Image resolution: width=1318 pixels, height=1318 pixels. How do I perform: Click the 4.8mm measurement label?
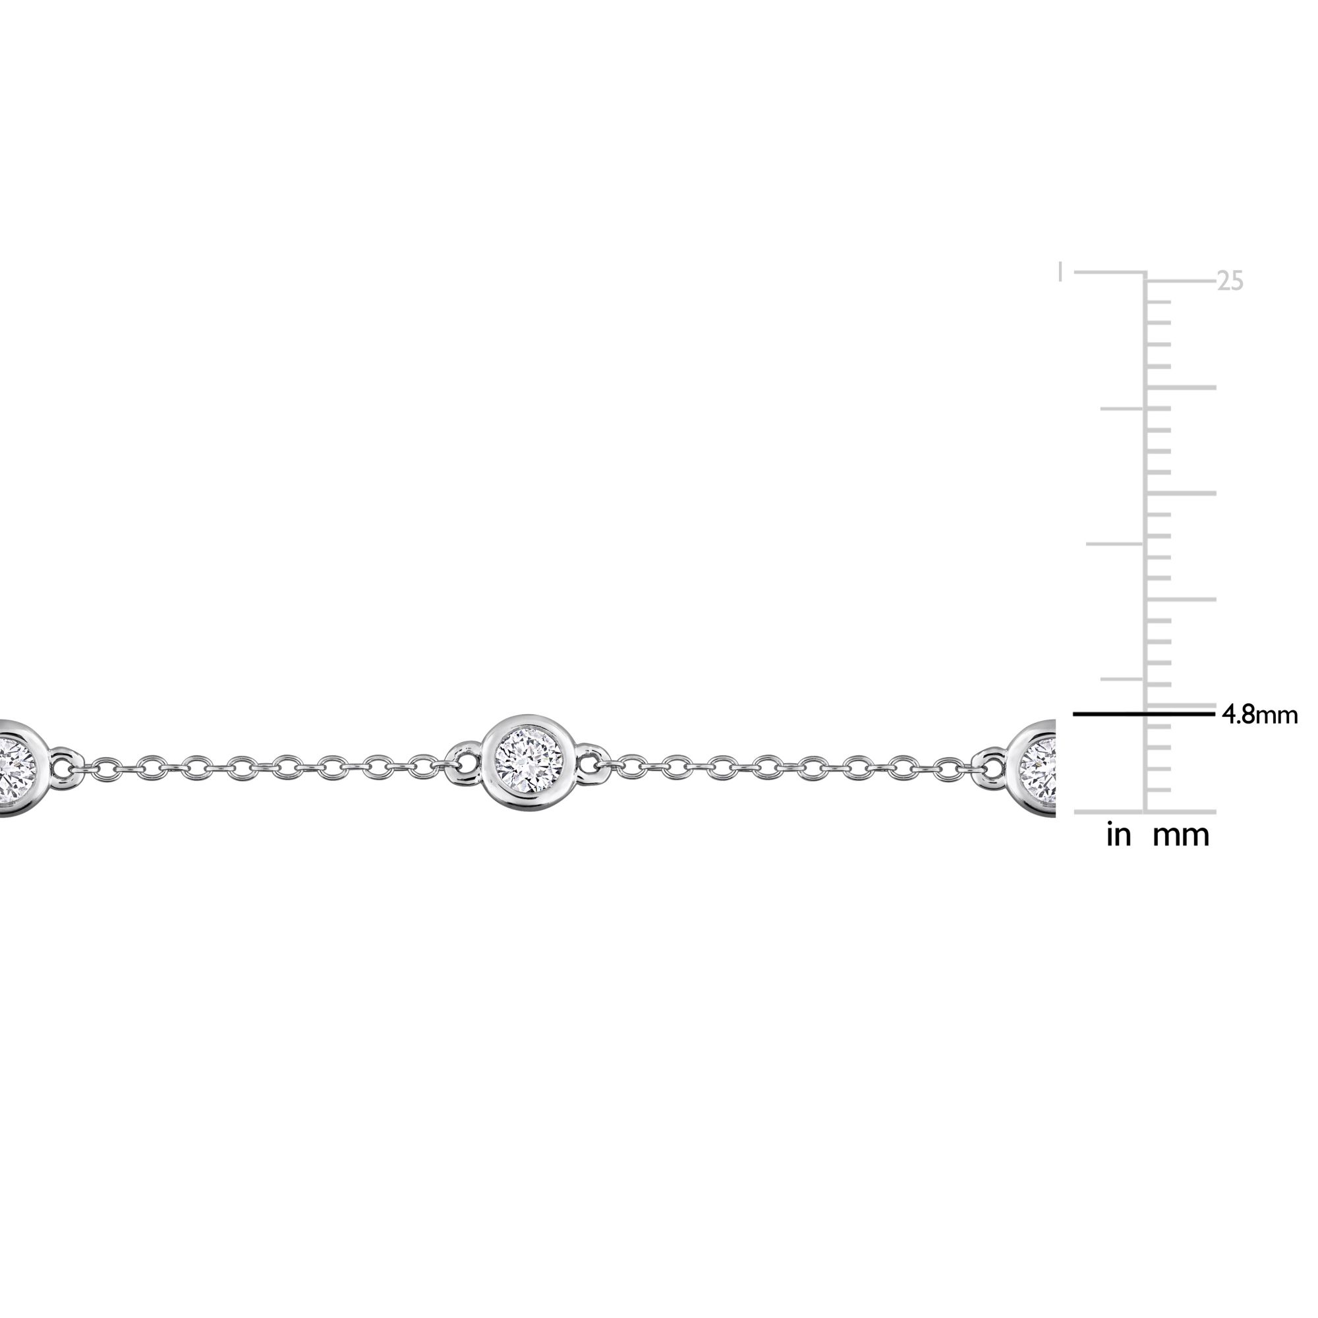(1259, 715)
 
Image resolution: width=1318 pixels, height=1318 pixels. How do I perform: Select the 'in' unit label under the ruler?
(1118, 835)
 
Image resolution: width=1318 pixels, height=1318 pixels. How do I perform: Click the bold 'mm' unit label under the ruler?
(1181, 835)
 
